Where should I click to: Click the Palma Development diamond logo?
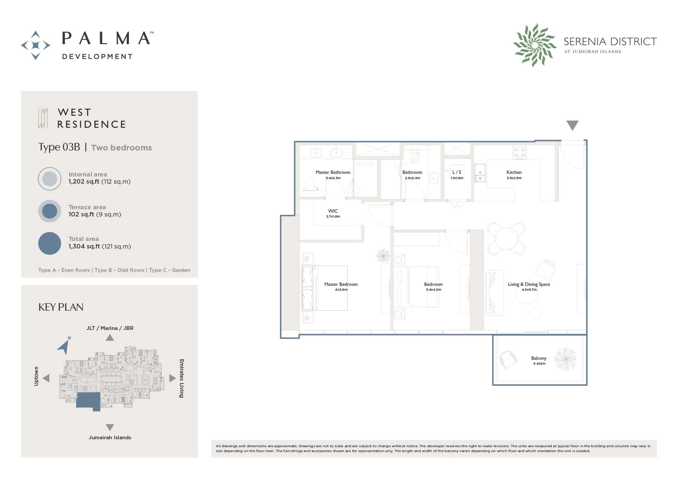(x=35, y=45)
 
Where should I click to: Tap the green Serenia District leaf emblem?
(x=534, y=45)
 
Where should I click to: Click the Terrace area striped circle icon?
(x=49, y=211)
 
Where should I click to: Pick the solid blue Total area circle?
(x=49, y=243)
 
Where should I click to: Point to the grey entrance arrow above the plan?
(x=572, y=125)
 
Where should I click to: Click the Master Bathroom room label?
(x=333, y=172)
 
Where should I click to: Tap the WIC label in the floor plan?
(x=333, y=211)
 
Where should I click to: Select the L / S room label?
(x=457, y=172)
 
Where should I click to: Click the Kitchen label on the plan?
(x=514, y=172)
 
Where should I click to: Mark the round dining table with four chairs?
(x=506, y=238)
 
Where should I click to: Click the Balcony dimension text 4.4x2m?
(x=539, y=363)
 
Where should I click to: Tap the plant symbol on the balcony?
(x=565, y=359)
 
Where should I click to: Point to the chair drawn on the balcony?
(x=508, y=359)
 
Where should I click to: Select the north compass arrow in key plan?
(x=64, y=345)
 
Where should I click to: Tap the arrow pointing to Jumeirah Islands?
(x=110, y=428)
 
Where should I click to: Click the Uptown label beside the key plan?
(x=36, y=376)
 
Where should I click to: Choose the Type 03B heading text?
(x=59, y=147)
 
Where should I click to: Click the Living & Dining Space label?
(x=529, y=284)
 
